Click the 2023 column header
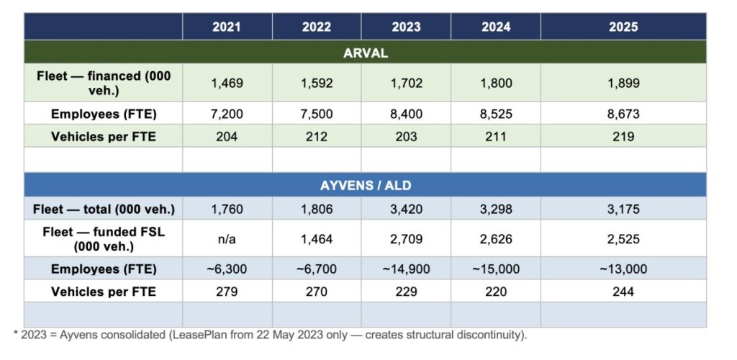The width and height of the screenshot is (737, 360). (x=406, y=27)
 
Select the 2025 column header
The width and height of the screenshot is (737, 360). (x=623, y=27)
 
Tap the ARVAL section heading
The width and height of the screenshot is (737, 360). (x=365, y=53)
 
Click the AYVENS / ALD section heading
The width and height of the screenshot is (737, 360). (x=365, y=185)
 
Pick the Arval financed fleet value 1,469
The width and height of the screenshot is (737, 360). (x=227, y=83)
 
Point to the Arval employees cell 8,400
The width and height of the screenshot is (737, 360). (x=406, y=114)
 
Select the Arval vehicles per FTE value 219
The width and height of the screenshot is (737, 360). (x=623, y=137)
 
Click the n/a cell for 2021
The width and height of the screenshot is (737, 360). (x=227, y=238)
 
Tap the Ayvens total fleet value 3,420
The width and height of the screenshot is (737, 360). (x=406, y=210)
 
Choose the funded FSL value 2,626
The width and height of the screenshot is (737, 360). (x=496, y=238)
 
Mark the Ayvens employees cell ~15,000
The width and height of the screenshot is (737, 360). (x=496, y=269)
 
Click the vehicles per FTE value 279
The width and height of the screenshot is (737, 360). (x=227, y=292)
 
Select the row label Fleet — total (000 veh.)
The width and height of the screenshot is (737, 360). (x=104, y=210)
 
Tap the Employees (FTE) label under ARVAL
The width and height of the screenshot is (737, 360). (x=104, y=114)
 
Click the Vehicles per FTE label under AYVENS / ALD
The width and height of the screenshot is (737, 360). (x=104, y=292)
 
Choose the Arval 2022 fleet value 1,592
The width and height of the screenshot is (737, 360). (x=317, y=83)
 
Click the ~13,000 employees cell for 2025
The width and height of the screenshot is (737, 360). (x=623, y=269)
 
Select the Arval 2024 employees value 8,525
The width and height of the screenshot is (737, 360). (x=496, y=114)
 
